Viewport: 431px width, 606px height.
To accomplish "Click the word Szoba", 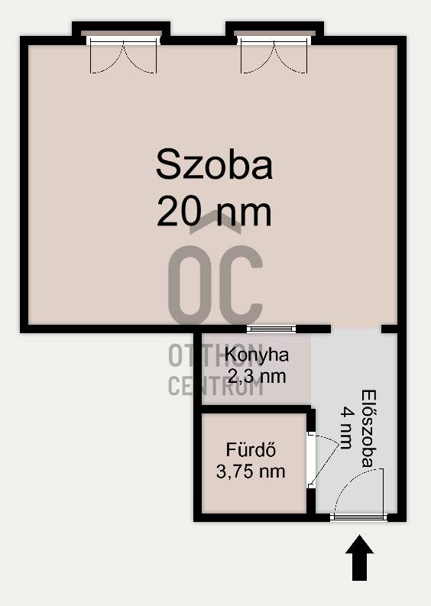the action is [x=215, y=165].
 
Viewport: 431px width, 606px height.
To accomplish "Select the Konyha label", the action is [x=257, y=355].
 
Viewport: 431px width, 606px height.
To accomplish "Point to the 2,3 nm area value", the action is [x=257, y=376].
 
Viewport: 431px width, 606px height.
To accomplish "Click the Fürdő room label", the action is [x=251, y=450].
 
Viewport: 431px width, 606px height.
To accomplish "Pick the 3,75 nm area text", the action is [x=251, y=472].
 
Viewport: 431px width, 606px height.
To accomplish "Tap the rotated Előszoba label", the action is [x=369, y=429].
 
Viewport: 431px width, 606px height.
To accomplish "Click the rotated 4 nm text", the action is [x=347, y=428].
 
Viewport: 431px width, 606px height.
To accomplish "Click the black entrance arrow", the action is [x=359, y=558].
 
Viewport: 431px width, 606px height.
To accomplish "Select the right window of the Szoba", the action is [x=274, y=41].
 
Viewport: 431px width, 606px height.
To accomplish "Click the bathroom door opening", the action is [x=311, y=460].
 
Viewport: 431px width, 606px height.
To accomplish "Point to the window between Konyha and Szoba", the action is [x=271, y=329].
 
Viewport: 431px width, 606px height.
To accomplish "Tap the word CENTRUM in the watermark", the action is [x=215, y=386].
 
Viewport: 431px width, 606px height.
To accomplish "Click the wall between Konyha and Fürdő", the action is [x=256, y=410].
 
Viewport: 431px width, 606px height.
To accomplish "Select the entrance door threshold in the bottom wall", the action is [x=358, y=517].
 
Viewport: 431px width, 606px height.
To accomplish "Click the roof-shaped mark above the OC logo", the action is [x=215, y=222].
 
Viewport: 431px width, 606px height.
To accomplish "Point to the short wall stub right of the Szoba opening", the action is [x=390, y=329].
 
